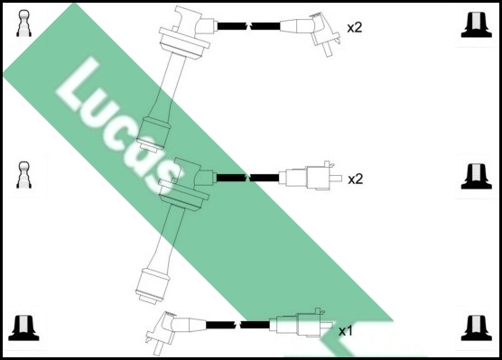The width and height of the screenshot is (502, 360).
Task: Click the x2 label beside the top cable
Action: [355, 28]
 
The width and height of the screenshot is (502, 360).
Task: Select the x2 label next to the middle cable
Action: [356, 180]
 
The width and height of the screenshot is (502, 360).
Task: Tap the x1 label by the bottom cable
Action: [346, 331]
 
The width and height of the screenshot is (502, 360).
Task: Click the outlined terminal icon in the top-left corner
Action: [23, 23]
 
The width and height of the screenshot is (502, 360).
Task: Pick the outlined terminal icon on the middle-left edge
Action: [23, 175]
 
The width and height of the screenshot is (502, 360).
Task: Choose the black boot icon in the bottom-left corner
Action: [23, 328]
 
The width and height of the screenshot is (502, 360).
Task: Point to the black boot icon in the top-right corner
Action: [477, 25]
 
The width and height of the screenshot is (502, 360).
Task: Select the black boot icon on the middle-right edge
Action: [477, 176]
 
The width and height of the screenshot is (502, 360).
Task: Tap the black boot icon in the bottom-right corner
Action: [477, 328]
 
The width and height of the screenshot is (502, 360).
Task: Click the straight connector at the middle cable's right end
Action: [310, 176]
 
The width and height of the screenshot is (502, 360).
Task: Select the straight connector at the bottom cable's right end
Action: [301, 324]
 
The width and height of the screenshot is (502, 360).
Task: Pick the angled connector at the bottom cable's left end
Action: [175, 331]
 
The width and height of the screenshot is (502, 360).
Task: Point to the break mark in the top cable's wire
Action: [248, 25]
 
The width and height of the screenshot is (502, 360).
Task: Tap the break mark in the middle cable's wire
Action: [247, 177]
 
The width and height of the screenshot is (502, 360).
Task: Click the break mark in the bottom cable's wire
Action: [238, 325]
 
